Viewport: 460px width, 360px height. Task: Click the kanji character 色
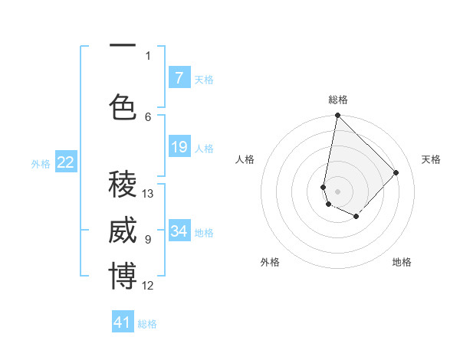coord(123,106)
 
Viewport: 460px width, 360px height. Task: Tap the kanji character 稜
coord(123,184)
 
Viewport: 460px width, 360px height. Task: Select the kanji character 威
coord(123,231)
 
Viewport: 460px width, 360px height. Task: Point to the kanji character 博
coord(123,277)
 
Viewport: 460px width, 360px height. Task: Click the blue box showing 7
coord(179,77)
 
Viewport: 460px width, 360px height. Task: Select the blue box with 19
coord(179,146)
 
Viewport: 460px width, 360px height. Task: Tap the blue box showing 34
coord(179,231)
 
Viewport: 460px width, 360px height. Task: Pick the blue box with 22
coord(66,162)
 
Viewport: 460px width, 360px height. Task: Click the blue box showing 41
coord(123,322)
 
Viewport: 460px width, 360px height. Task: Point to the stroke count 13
coord(148,194)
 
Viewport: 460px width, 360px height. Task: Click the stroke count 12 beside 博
coord(148,286)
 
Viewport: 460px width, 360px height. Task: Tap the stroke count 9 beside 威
coord(148,240)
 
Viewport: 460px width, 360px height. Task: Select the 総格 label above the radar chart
coord(338,100)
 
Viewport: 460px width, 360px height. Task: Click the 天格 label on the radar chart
coord(431,159)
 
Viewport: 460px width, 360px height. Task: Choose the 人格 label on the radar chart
coord(245,159)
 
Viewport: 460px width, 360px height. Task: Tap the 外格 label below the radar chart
coord(270,262)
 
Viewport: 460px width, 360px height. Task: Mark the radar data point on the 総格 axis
coord(337,116)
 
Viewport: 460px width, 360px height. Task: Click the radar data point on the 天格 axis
coord(396,172)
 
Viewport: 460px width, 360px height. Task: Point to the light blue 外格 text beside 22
coord(41,163)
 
